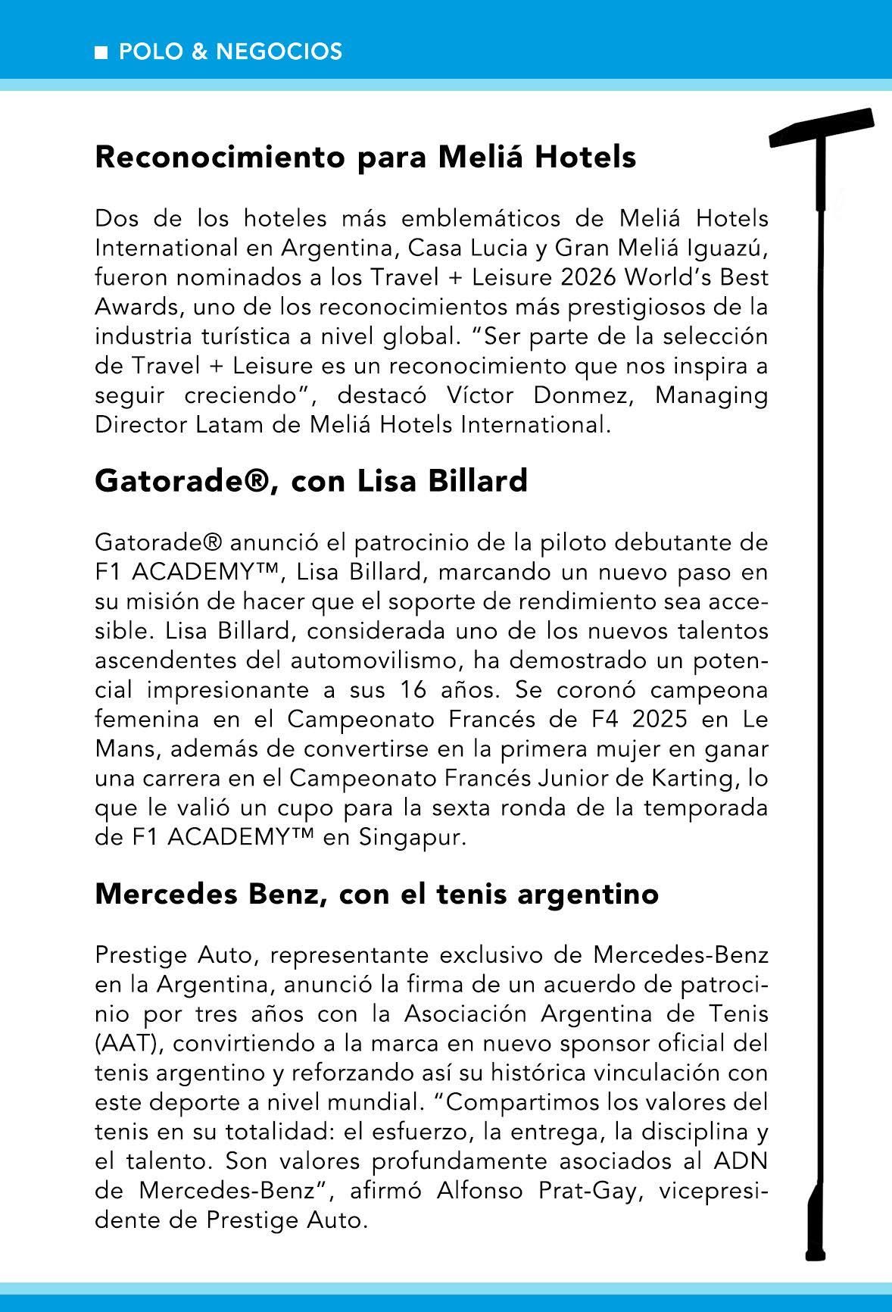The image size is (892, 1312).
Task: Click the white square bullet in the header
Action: (101, 52)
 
